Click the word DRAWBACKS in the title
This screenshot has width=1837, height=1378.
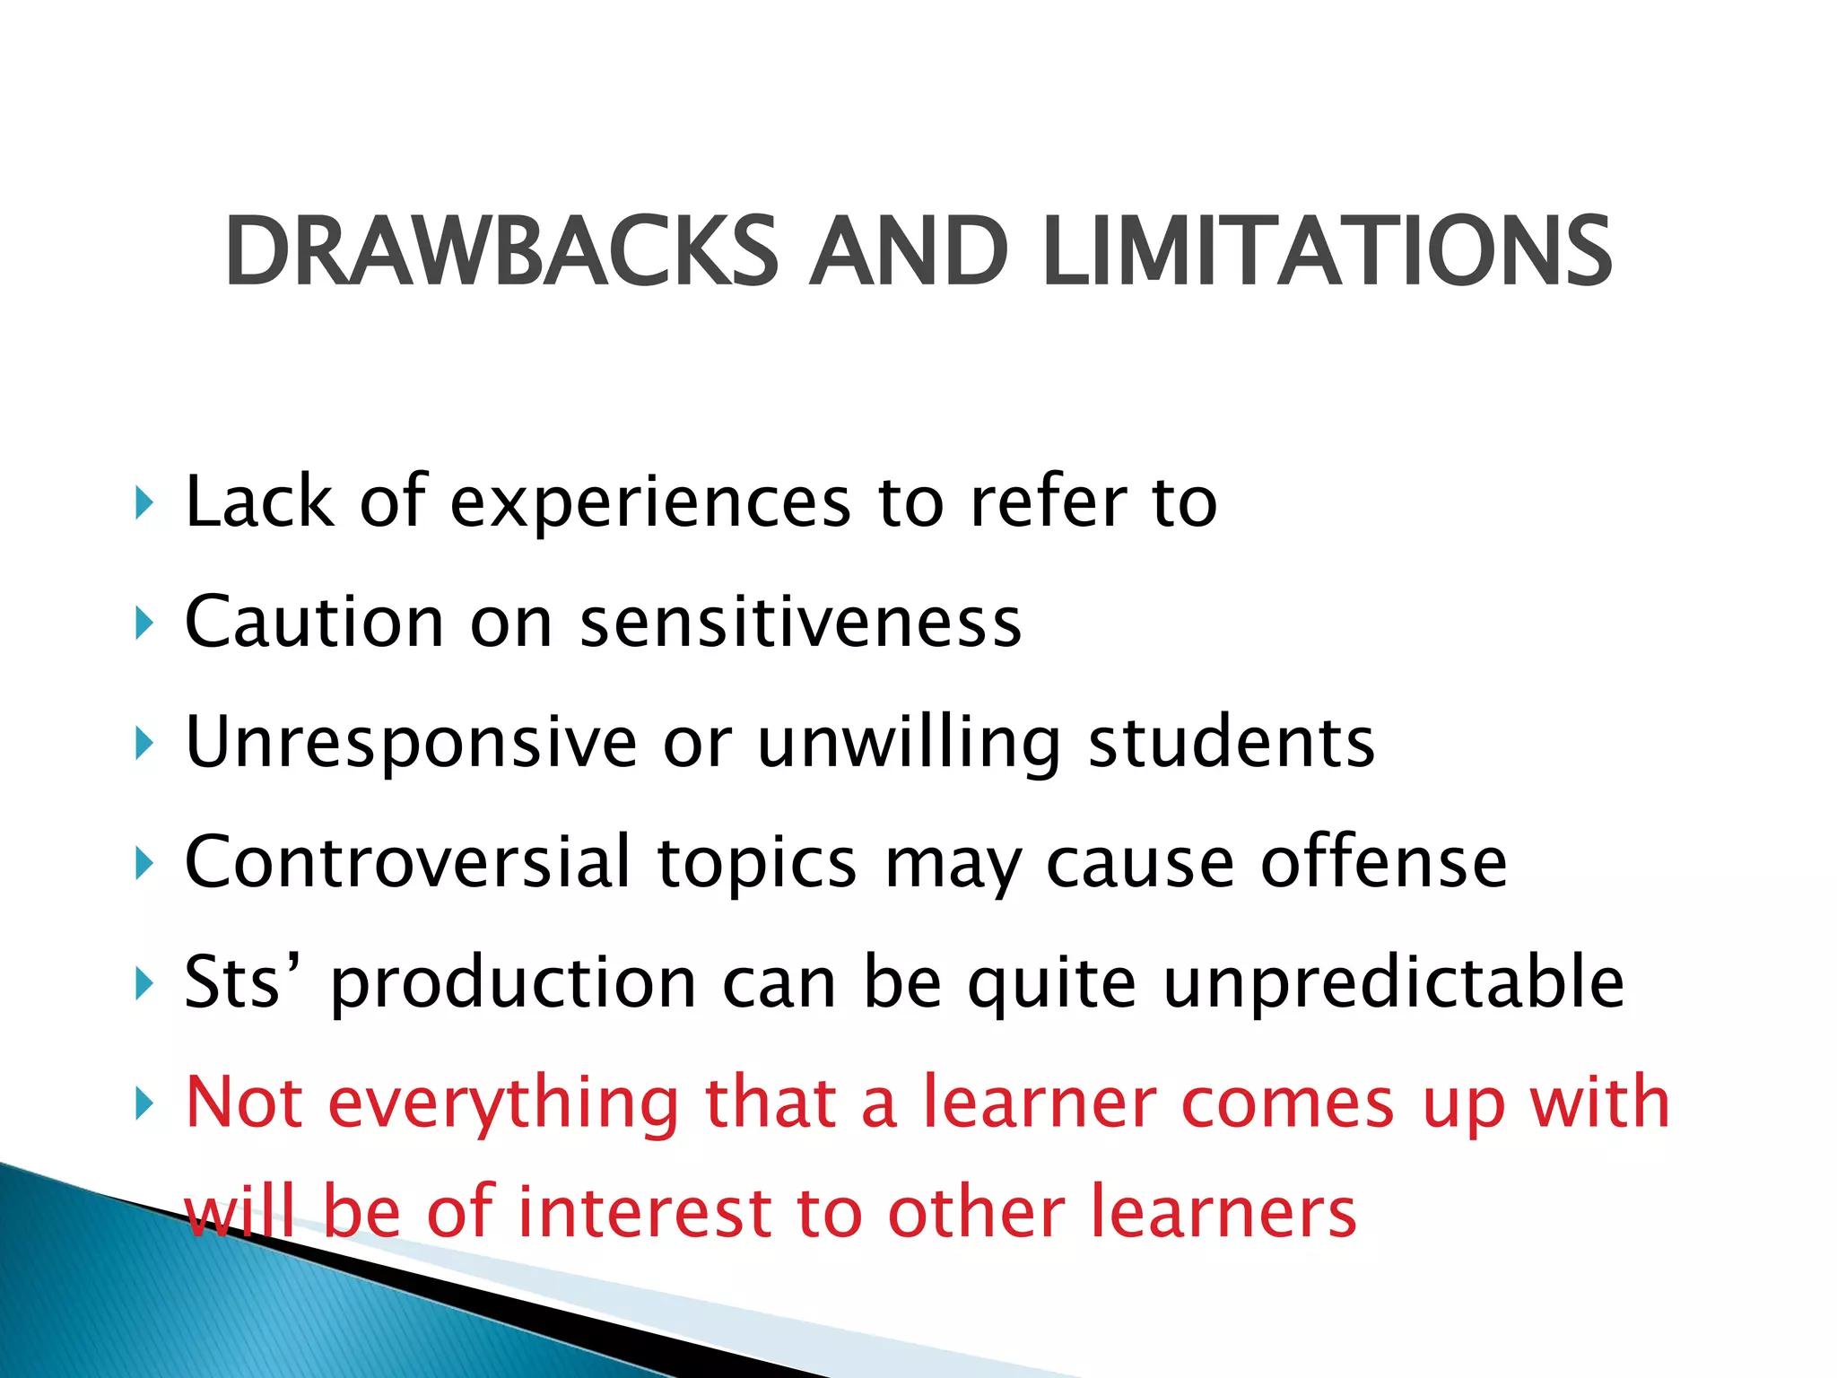pos(501,253)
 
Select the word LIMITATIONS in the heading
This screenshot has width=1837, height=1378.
pos(1328,253)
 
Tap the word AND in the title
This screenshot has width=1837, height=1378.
pos(908,253)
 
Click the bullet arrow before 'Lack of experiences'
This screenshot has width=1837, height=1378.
pos(144,503)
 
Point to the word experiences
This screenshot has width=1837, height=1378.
pos(649,503)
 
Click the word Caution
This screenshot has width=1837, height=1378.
pos(314,622)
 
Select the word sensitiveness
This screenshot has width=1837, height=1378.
pos(800,622)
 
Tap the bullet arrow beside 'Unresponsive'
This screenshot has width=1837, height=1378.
pos(144,744)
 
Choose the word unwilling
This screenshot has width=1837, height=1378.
pos(909,744)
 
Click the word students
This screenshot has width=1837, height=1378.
pos(1231,744)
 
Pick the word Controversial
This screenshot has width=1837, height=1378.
pos(407,862)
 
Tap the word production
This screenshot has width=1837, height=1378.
pos(513,984)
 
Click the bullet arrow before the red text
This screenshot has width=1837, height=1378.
pos(144,1104)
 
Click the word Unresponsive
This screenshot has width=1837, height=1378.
pos(411,744)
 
